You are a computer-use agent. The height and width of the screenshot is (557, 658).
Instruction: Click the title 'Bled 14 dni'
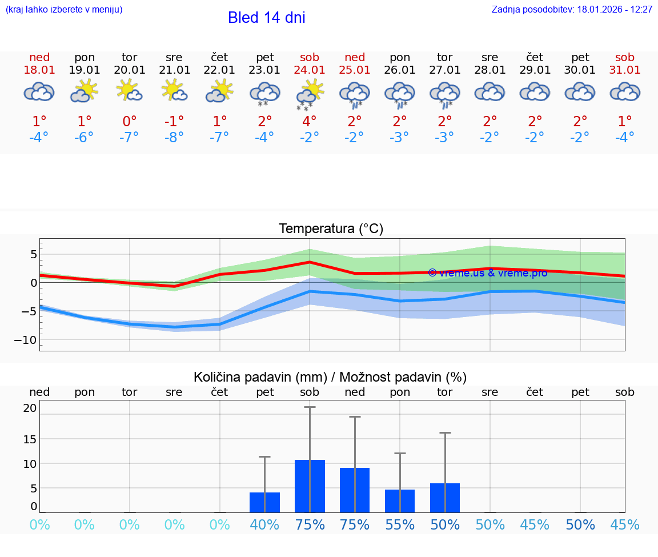tap(266, 18)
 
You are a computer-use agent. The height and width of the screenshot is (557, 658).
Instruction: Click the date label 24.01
tap(310, 70)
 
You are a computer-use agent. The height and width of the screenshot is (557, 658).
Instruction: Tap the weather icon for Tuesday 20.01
tap(129, 91)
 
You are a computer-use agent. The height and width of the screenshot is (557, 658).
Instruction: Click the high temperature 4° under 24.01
tap(310, 122)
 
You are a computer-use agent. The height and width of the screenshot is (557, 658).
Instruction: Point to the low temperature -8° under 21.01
tap(174, 137)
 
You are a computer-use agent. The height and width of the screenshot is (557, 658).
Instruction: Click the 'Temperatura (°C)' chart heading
tap(331, 229)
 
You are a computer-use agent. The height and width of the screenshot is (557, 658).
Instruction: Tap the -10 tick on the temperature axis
tap(26, 340)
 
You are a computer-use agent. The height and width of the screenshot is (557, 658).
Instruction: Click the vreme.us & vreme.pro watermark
tap(487, 273)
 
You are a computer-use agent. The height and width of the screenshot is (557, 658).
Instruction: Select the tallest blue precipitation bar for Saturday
tap(310, 486)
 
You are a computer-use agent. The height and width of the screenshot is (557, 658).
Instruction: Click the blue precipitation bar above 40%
tap(264, 502)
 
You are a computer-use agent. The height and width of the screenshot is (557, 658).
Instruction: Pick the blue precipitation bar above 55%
tap(400, 500)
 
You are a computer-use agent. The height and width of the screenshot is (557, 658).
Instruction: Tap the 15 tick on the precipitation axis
tap(30, 439)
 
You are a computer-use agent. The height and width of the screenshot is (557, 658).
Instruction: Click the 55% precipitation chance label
tap(400, 525)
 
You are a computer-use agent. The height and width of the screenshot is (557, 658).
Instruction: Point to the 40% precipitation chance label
tap(264, 525)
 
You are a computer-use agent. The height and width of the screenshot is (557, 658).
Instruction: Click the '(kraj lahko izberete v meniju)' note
tap(64, 10)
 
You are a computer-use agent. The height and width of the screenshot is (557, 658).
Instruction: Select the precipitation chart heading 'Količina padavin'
tap(330, 377)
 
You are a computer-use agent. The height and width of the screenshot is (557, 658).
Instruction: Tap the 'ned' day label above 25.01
tap(355, 58)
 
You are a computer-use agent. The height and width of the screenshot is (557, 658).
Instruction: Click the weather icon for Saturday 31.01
tap(625, 91)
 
